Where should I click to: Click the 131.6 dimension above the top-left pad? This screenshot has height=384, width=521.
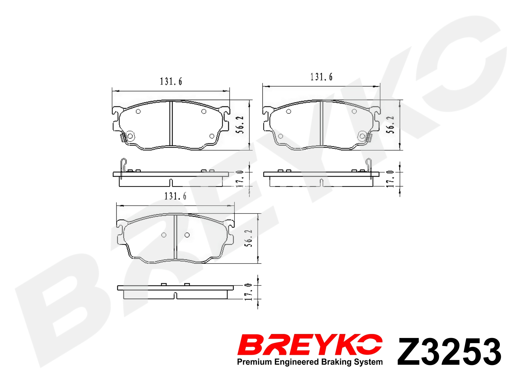coord(171,82)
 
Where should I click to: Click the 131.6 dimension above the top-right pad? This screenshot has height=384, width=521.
coord(321,77)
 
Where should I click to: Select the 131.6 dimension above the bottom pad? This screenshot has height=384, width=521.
coord(175,196)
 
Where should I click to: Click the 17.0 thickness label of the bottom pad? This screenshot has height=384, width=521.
coord(248,292)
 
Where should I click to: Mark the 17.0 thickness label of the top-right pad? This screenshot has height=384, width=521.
coord(390,179)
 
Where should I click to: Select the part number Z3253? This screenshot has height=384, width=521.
coord(449,351)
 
